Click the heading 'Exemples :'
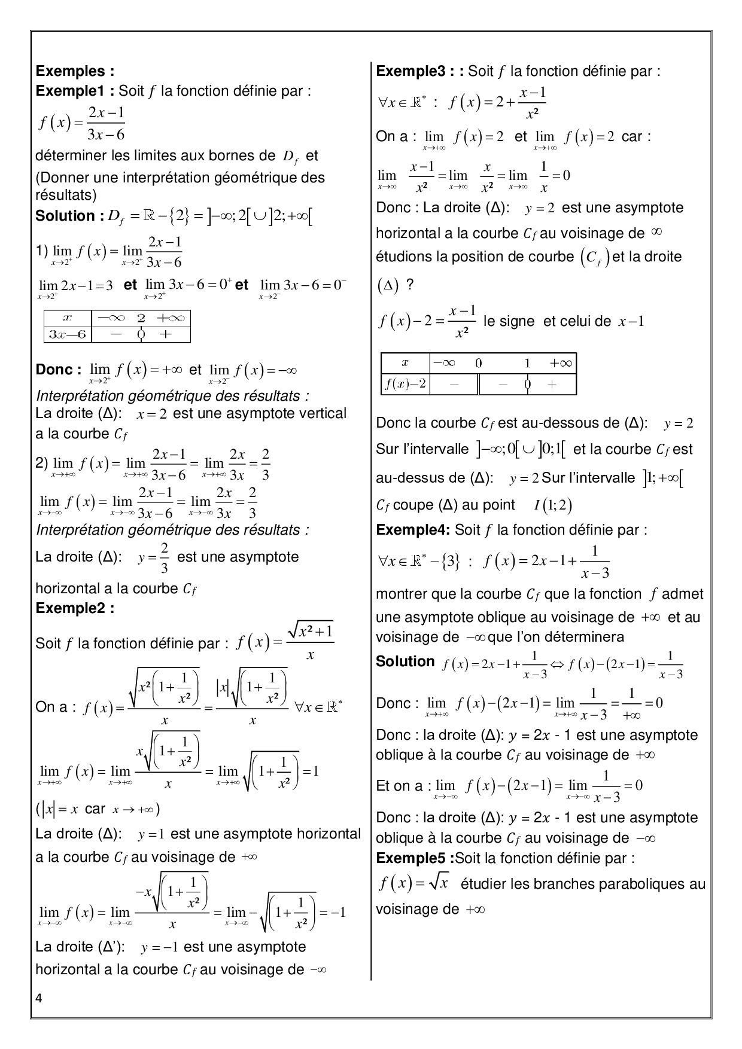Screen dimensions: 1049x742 [x=75, y=71]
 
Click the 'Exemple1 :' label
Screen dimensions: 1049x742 [x=75, y=91]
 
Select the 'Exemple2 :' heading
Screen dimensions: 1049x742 [x=75, y=608]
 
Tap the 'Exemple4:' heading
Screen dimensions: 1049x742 [x=413, y=530]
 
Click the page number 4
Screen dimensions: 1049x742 [x=39, y=998]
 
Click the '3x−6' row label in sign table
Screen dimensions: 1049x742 [x=67, y=334]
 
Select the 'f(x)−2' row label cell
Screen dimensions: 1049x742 [x=405, y=384]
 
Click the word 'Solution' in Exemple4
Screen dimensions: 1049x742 [x=405, y=661]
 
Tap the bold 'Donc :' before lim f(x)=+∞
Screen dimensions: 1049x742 [x=58, y=370]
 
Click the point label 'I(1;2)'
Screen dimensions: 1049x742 [x=553, y=505]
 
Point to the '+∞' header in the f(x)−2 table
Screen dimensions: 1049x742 [x=560, y=363]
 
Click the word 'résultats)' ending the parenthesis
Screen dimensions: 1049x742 [x=66, y=195]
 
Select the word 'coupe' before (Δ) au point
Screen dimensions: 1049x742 [x=413, y=505]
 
